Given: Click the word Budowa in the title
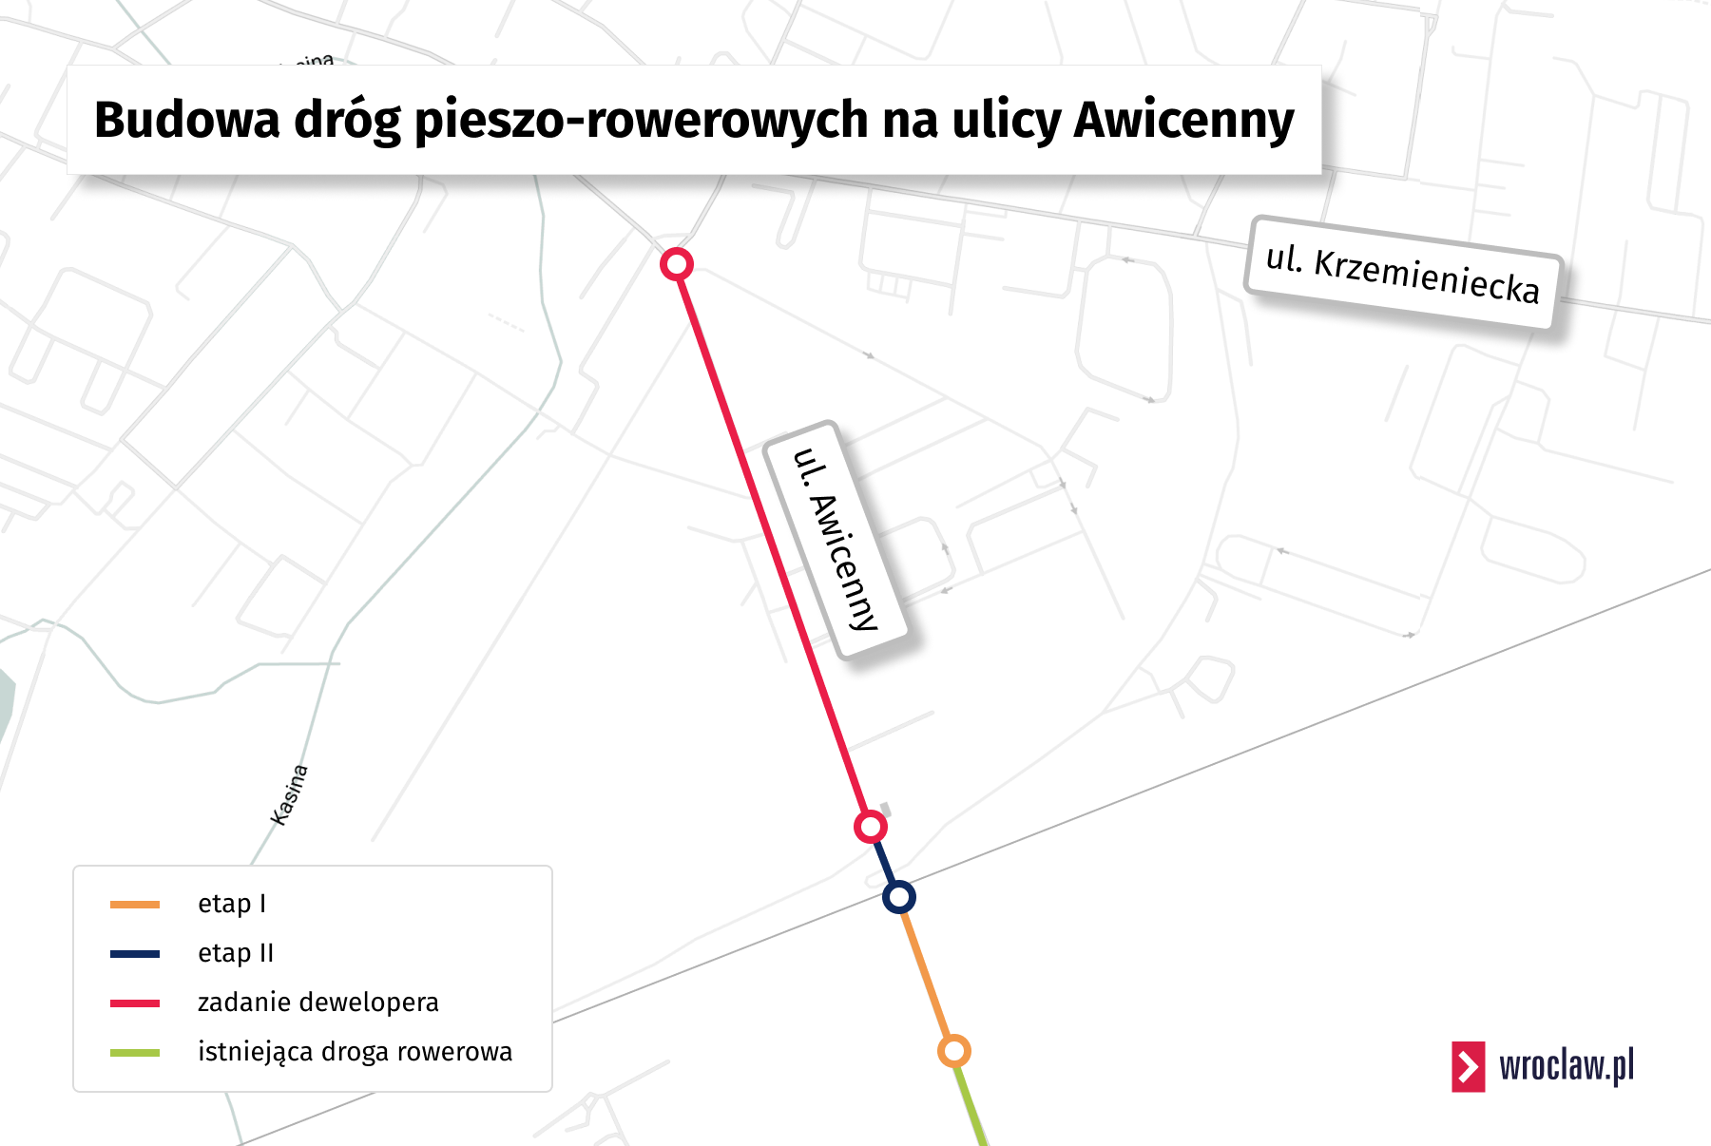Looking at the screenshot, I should click(187, 120).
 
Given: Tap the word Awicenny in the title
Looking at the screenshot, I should click(1183, 120).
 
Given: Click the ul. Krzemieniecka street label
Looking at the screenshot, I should click(1402, 274).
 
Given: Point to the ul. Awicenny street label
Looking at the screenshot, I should click(835, 539).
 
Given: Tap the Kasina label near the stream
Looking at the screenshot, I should click(289, 794).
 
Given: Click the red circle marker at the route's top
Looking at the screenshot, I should click(677, 264).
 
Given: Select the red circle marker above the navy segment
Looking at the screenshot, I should click(870, 827).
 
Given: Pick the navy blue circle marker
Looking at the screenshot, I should click(898, 896).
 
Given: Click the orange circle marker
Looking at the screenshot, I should click(953, 1051).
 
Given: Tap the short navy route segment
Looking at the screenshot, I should click(884, 861).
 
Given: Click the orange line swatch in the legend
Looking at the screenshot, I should click(135, 905).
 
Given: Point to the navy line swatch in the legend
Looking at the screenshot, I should click(135, 954).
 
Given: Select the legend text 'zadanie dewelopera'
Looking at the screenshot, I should click(317, 1003).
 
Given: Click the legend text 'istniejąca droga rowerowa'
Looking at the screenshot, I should click(355, 1052).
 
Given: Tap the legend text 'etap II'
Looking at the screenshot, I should click(236, 953).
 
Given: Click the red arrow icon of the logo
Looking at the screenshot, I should click(1468, 1066).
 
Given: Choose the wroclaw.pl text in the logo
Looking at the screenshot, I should click(1567, 1066).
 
